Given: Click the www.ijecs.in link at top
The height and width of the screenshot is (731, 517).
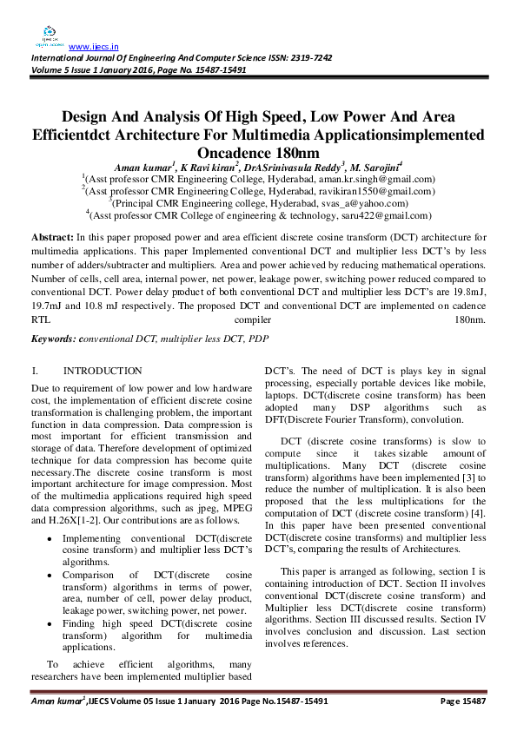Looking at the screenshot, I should coord(93,46).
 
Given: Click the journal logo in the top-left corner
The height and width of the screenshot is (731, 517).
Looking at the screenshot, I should coord(48,35).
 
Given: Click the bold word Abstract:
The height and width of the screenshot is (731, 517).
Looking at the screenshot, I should coord(52,237).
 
